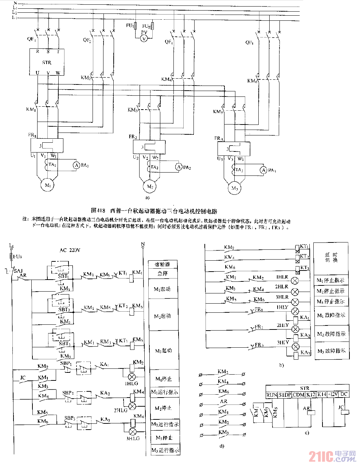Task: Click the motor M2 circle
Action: tap(150, 186)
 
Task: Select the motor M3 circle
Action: tap(235, 188)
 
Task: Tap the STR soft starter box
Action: tap(47, 62)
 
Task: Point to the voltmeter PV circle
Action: tap(144, 38)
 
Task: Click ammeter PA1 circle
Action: tap(77, 165)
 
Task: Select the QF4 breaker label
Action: tap(249, 43)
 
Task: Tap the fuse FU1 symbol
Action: tap(136, 26)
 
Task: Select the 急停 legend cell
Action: tap(163, 273)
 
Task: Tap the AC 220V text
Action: tap(70, 250)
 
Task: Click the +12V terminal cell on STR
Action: tap(333, 394)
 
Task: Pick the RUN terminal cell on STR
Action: tap(271, 395)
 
